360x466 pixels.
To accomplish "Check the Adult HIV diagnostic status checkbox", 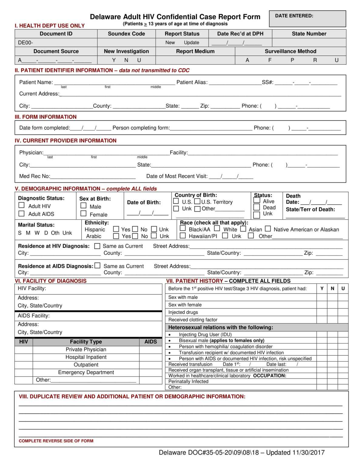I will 22,205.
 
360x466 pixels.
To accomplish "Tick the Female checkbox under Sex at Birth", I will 83,214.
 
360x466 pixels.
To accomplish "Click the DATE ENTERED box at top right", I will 307,19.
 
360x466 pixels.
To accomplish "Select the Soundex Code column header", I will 126,34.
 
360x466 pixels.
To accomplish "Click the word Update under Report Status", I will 191,42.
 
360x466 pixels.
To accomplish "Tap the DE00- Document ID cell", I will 56,42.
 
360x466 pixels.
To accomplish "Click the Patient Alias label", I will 192,82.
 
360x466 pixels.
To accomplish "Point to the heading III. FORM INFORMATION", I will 45,117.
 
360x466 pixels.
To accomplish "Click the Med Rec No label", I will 35,176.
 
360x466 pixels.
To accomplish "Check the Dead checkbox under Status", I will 257,207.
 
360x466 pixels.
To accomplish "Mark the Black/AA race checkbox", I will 183,228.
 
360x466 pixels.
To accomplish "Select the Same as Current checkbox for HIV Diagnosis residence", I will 97,246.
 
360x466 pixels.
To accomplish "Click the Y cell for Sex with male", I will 322,297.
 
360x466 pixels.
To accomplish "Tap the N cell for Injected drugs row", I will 332,312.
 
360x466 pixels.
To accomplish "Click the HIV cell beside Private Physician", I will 24,349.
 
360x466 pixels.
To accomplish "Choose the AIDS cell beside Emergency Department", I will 151,372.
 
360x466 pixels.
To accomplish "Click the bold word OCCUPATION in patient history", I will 270,376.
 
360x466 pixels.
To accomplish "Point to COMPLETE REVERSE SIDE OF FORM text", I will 56,441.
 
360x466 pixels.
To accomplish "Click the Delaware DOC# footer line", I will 241,453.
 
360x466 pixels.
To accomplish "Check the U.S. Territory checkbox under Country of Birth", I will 197,201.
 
